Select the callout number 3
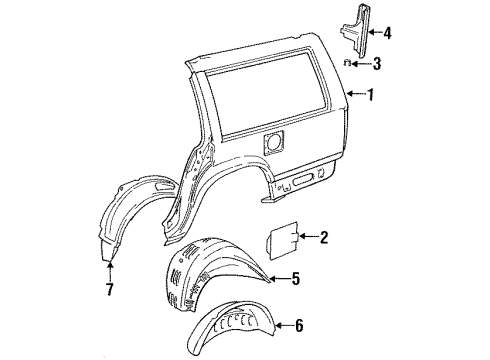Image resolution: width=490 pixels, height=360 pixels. (x=377, y=65)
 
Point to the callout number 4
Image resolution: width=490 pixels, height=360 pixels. (x=387, y=33)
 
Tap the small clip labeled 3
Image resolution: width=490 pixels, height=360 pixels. (x=348, y=63)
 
